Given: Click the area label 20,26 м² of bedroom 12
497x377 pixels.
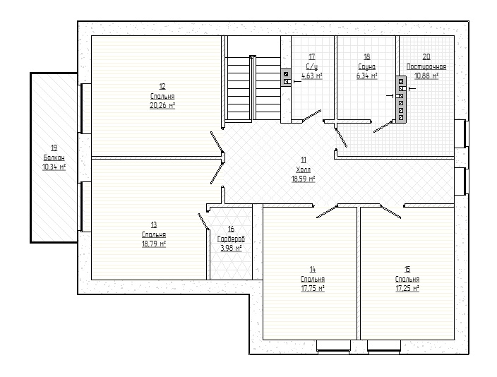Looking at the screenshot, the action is pos(162,106).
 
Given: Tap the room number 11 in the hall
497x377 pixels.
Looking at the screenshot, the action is pos(304,160).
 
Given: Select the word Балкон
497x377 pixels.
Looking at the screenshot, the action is pos(54,157).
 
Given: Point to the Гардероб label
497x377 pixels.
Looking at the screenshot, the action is pos(231,239).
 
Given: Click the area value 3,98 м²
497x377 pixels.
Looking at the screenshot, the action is pos(231,248).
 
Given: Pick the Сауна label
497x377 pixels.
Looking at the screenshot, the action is pos(366,66).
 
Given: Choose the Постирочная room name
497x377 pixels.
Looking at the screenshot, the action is pos(426,66).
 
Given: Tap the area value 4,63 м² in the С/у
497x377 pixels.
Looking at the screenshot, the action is pos(312,76).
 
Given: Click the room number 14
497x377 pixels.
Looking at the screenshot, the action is pos(313,270).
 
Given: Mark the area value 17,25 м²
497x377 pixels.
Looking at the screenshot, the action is pos(407,288).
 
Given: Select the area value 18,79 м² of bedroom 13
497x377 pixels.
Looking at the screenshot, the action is pos(154,244).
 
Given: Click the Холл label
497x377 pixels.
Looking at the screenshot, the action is pos(304,169).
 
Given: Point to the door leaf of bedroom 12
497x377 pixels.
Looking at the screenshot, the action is pos(217,142).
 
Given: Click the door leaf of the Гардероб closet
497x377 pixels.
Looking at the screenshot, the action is pos(203,221).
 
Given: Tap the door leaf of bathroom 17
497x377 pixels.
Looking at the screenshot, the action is pos(312,116).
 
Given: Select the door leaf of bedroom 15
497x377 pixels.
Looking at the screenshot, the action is pos(390,212).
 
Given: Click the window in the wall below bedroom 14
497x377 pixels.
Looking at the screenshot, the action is pos(333,347).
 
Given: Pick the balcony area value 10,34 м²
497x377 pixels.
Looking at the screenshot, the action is pos(54,167).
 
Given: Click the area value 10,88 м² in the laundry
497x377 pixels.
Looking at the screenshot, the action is pos(426,76).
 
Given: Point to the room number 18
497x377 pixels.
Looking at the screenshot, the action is pos(366,56).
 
